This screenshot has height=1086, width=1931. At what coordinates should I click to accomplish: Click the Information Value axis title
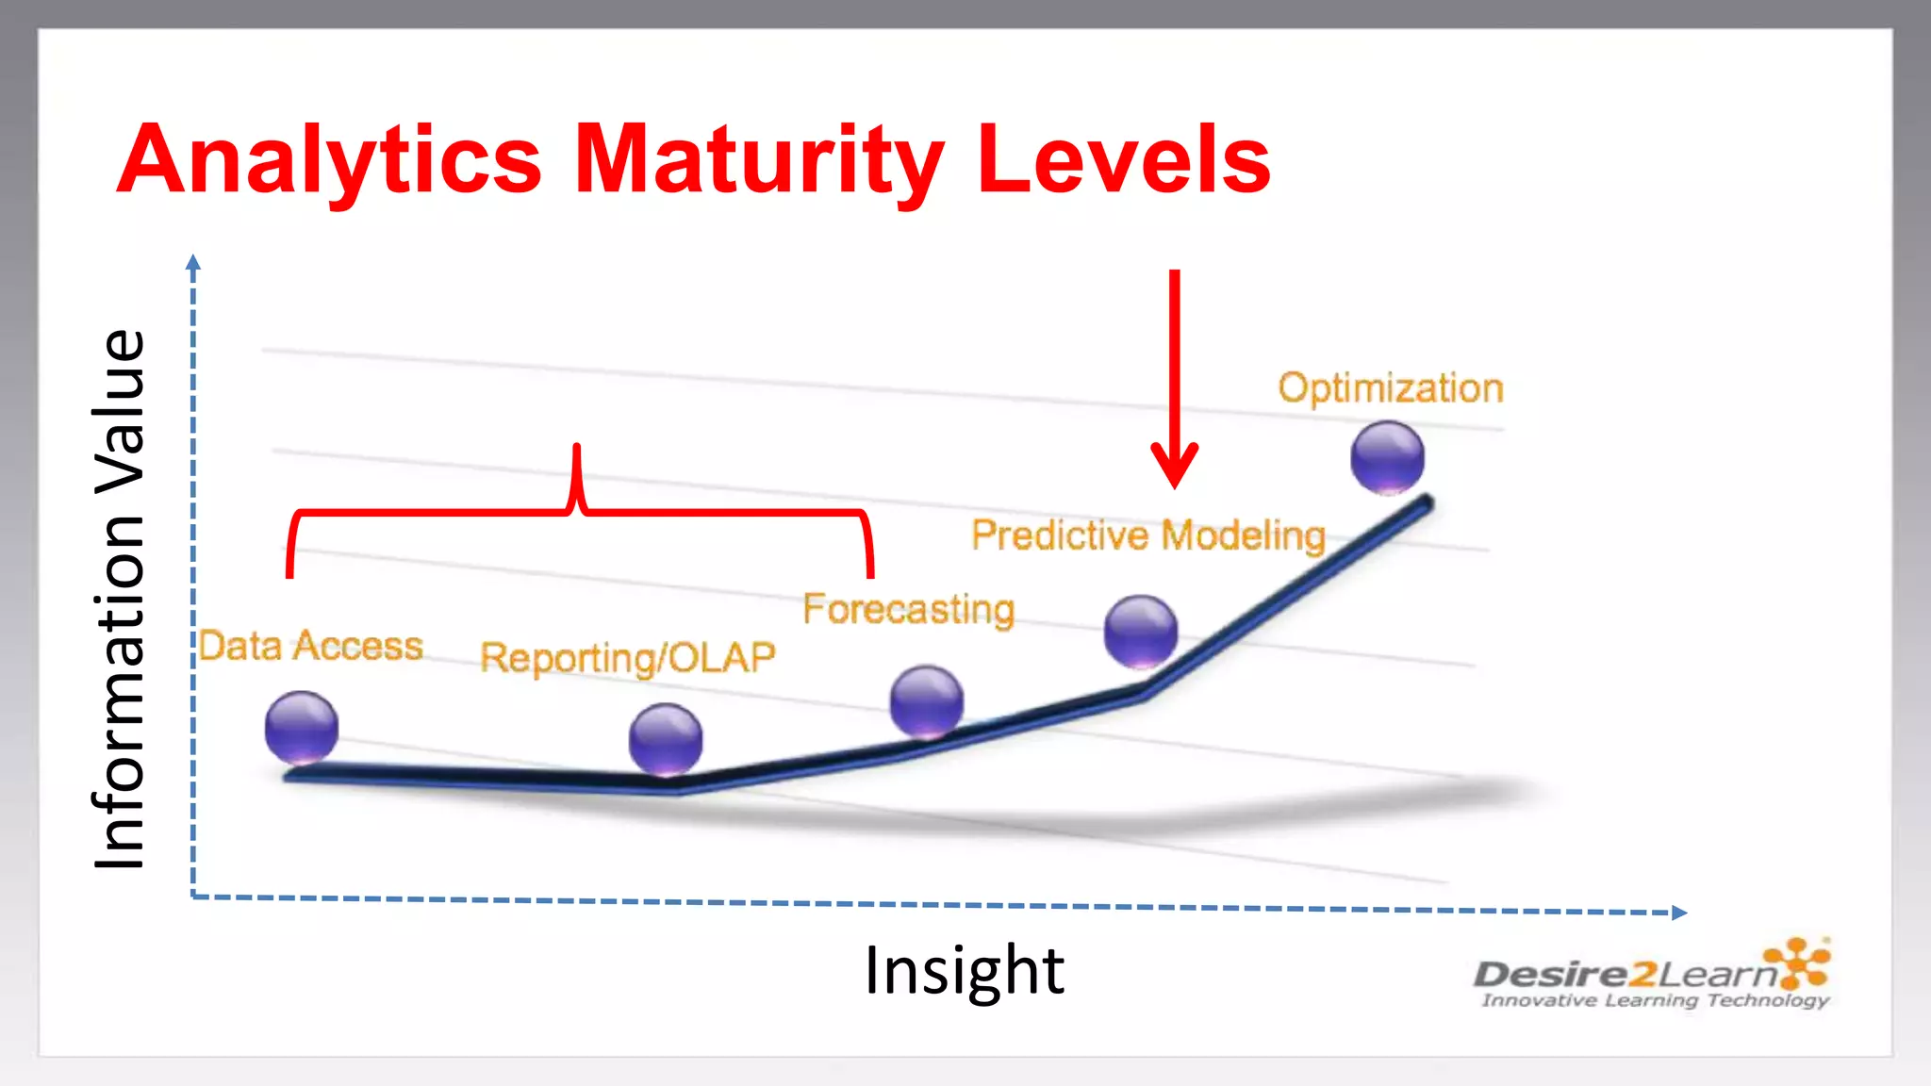(x=120, y=600)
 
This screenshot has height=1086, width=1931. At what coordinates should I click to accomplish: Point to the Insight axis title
(x=964, y=970)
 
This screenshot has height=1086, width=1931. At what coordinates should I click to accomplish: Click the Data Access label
(x=311, y=647)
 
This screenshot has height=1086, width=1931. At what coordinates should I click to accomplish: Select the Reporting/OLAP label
(x=627, y=657)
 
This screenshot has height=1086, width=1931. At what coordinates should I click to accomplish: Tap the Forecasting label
(x=908, y=609)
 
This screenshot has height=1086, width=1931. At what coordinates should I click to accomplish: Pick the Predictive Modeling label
(x=1148, y=535)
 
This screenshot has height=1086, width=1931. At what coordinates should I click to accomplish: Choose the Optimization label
(x=1390, y=388)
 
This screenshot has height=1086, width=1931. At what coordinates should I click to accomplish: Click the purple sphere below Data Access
(x=302, y=727)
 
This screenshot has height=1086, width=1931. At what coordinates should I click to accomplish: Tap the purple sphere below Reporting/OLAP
(x=666, y=739)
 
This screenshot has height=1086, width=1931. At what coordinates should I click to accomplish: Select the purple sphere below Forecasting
(x=927, y=701)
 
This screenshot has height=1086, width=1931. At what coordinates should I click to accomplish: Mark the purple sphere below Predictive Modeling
(x=1141, y=631)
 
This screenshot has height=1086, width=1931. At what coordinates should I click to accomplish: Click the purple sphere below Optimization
(x=1387, y=457)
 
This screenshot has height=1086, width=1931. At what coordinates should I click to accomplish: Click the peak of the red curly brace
(x=576, y=451)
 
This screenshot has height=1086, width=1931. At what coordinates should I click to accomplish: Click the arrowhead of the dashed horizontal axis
(x=1679, y=912)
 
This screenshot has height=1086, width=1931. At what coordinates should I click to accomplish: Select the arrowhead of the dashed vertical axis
(x=193, y=262)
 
